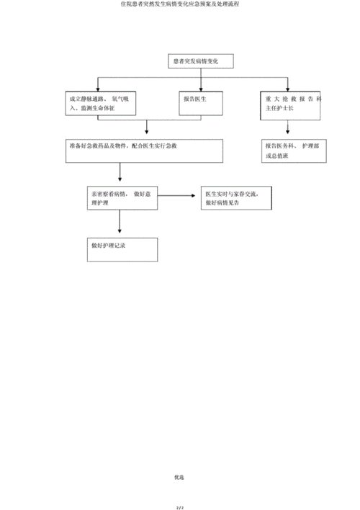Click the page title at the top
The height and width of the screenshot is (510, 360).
click(180, 4)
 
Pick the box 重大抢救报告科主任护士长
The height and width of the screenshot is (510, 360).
click(288, 105)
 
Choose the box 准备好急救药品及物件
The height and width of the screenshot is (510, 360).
click(142, 151)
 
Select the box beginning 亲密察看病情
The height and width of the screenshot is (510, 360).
click(121, 198)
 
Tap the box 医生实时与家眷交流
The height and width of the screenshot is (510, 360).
click(238, 198)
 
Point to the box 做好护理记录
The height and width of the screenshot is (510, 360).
click(121, 249)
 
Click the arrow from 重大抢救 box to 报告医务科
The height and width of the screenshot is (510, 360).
click(288, 128)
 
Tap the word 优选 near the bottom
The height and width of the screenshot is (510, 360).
click(180, 476)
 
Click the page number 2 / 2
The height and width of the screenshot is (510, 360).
click(180, 504)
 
